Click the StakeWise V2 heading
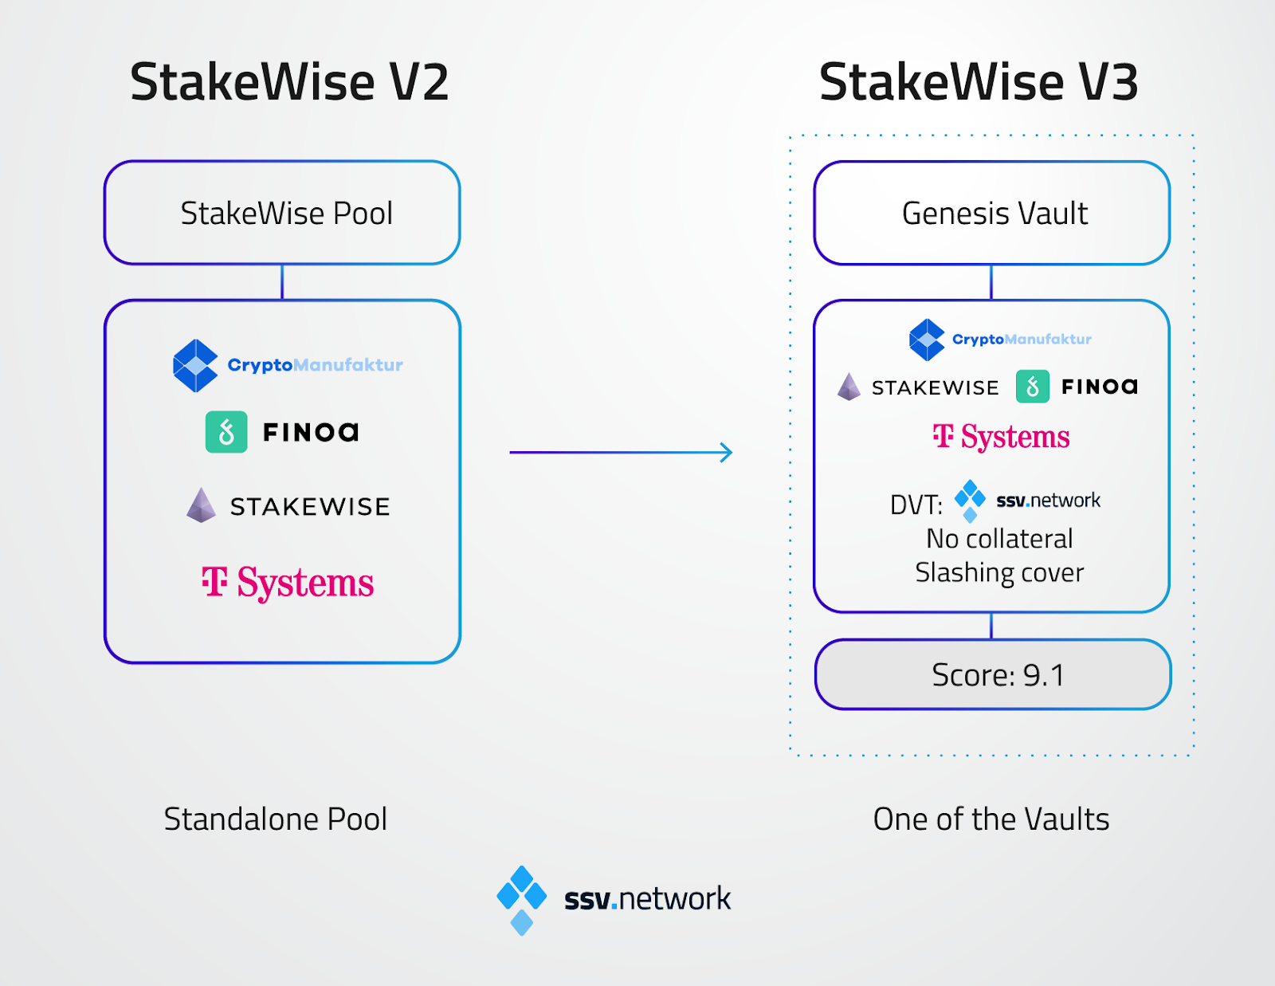(x=289, y=82)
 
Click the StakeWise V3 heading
(x=979, y=82)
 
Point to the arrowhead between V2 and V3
(x=728, y=453)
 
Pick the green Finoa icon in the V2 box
(x=226, y=432)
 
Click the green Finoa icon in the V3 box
(x=1033, y=386)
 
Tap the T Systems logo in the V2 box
(x=288, y=582)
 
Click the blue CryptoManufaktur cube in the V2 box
(x=195, y=366)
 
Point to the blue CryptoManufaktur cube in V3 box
(x=927, y=340)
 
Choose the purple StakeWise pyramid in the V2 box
(x=202, y=505)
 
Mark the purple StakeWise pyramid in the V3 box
(x=849, y=387)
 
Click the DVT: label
(x=916, y=505)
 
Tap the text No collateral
(x=1000, y=539)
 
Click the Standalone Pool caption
(x=276, y=819)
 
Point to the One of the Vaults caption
(x=991, y=819)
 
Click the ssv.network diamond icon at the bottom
(x=522, y=901)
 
